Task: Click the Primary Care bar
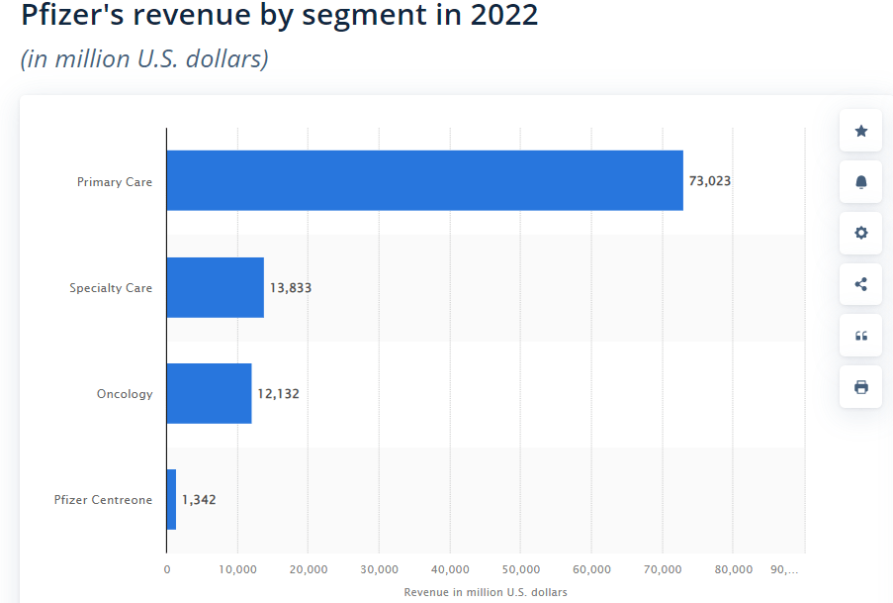(x=424, y=180)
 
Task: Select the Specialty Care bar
(x=215, y=287)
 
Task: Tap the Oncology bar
(x=209, y=393)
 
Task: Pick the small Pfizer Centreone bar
(x=171, y=499)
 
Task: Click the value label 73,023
(x=710, y=181)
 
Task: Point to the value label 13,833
(x=291, y=288)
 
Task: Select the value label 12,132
(x=278, y=394)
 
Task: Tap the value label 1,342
(x=199, y=500)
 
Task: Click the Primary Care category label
(x=115, y=182)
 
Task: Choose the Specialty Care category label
(x=111, y=288)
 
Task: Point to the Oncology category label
(x=125, y=394)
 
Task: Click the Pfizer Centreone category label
(x=103, y=500)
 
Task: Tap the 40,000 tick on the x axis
(x=450, y=569)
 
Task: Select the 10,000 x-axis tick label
(x=237, y=569)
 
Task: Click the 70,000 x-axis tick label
(x=662, y=569)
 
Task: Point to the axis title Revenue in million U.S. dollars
(x=486, y=592)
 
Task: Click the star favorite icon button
(x=860, y=131)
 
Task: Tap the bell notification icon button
(x=860, y=182)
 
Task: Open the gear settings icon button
(x=860, y=233)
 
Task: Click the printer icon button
(x=860, y=386)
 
